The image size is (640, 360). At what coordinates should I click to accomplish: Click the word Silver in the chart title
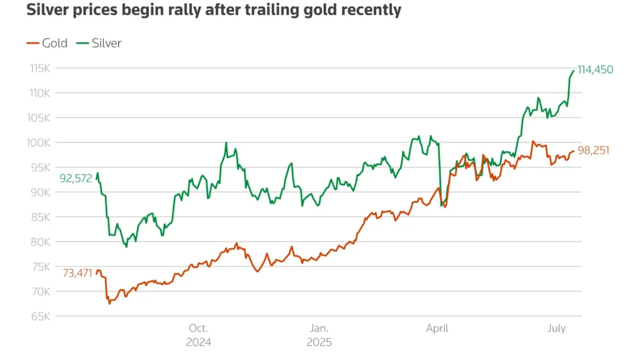coord(46,11)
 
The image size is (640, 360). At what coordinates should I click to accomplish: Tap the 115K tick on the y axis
coord(40,68)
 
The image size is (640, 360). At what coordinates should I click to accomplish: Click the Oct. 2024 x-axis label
coord(198,334)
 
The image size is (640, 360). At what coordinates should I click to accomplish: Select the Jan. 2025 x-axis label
coord(319,334)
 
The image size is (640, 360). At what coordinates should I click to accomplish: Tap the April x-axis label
coord(436,328)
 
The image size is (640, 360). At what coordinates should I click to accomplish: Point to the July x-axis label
coord(557,328)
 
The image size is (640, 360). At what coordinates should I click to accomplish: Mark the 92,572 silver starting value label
coord(76,178)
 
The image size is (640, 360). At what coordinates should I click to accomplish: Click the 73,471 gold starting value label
coord(77,273)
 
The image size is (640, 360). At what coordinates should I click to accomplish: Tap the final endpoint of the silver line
coord(573,70)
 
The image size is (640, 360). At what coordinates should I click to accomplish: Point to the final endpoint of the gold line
coord(573,151)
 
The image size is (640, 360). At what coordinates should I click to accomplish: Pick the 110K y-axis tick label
coord(40,93)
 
